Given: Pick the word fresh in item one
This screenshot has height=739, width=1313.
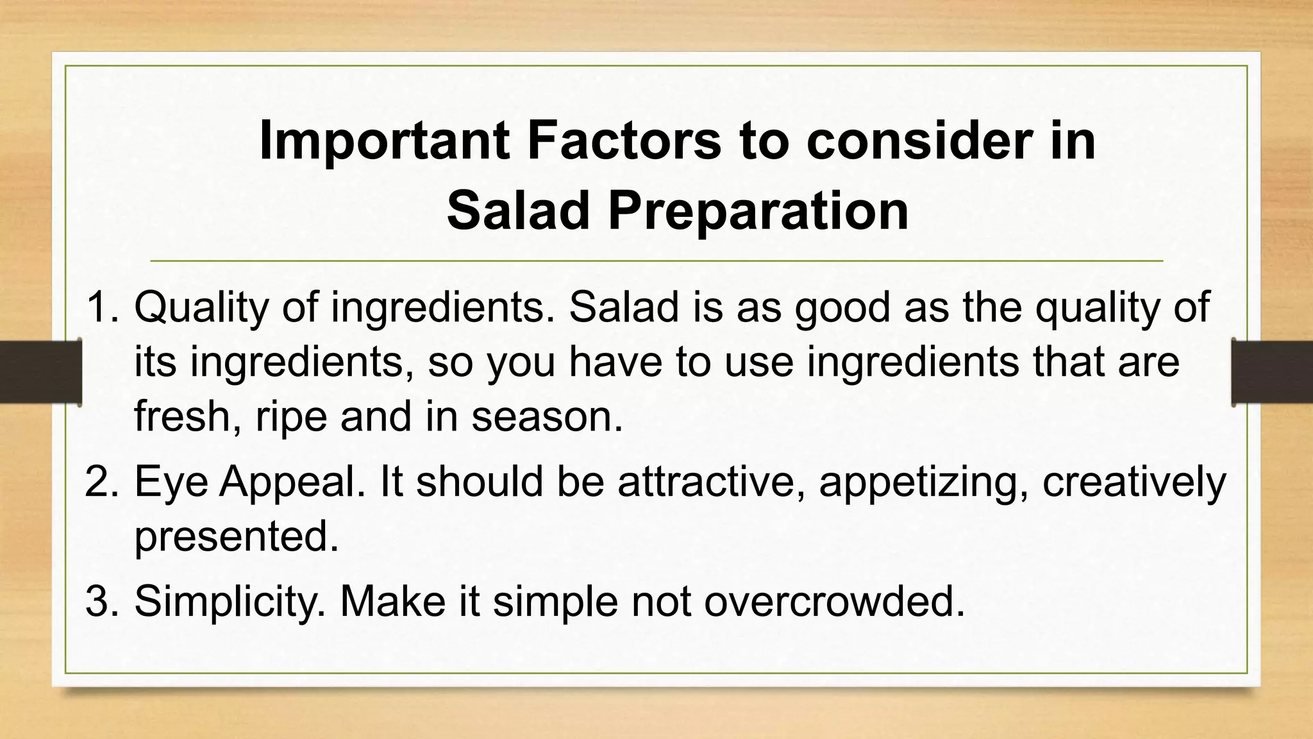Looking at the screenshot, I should point(182,416).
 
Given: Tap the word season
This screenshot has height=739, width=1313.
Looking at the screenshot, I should point(547,416).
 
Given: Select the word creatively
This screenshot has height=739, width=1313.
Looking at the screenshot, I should point(1133,482).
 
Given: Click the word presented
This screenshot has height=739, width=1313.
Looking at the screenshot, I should point(236,537).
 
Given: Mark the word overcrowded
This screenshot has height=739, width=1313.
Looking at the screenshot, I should point(834,601).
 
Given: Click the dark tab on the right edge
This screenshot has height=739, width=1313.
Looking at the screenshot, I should point(1272,372).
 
